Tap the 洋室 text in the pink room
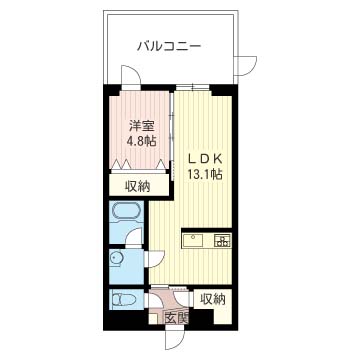(140, 126)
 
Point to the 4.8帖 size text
(140, 142)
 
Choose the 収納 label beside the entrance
(212, 299)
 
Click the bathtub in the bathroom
(127, 215)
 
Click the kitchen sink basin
(193, 240)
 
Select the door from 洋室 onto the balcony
(129, 78)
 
